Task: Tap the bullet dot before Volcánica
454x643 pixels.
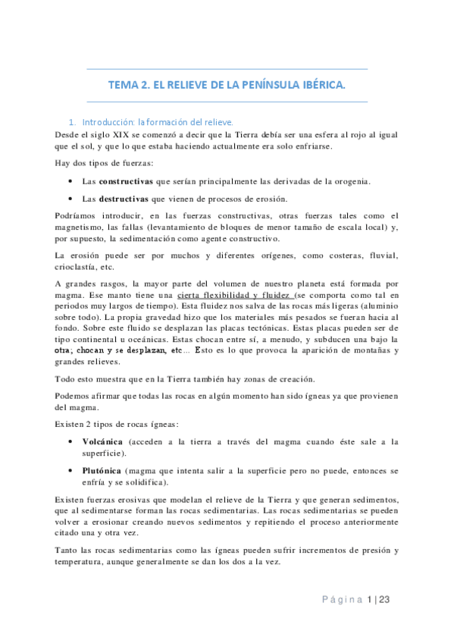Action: (70, 441)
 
